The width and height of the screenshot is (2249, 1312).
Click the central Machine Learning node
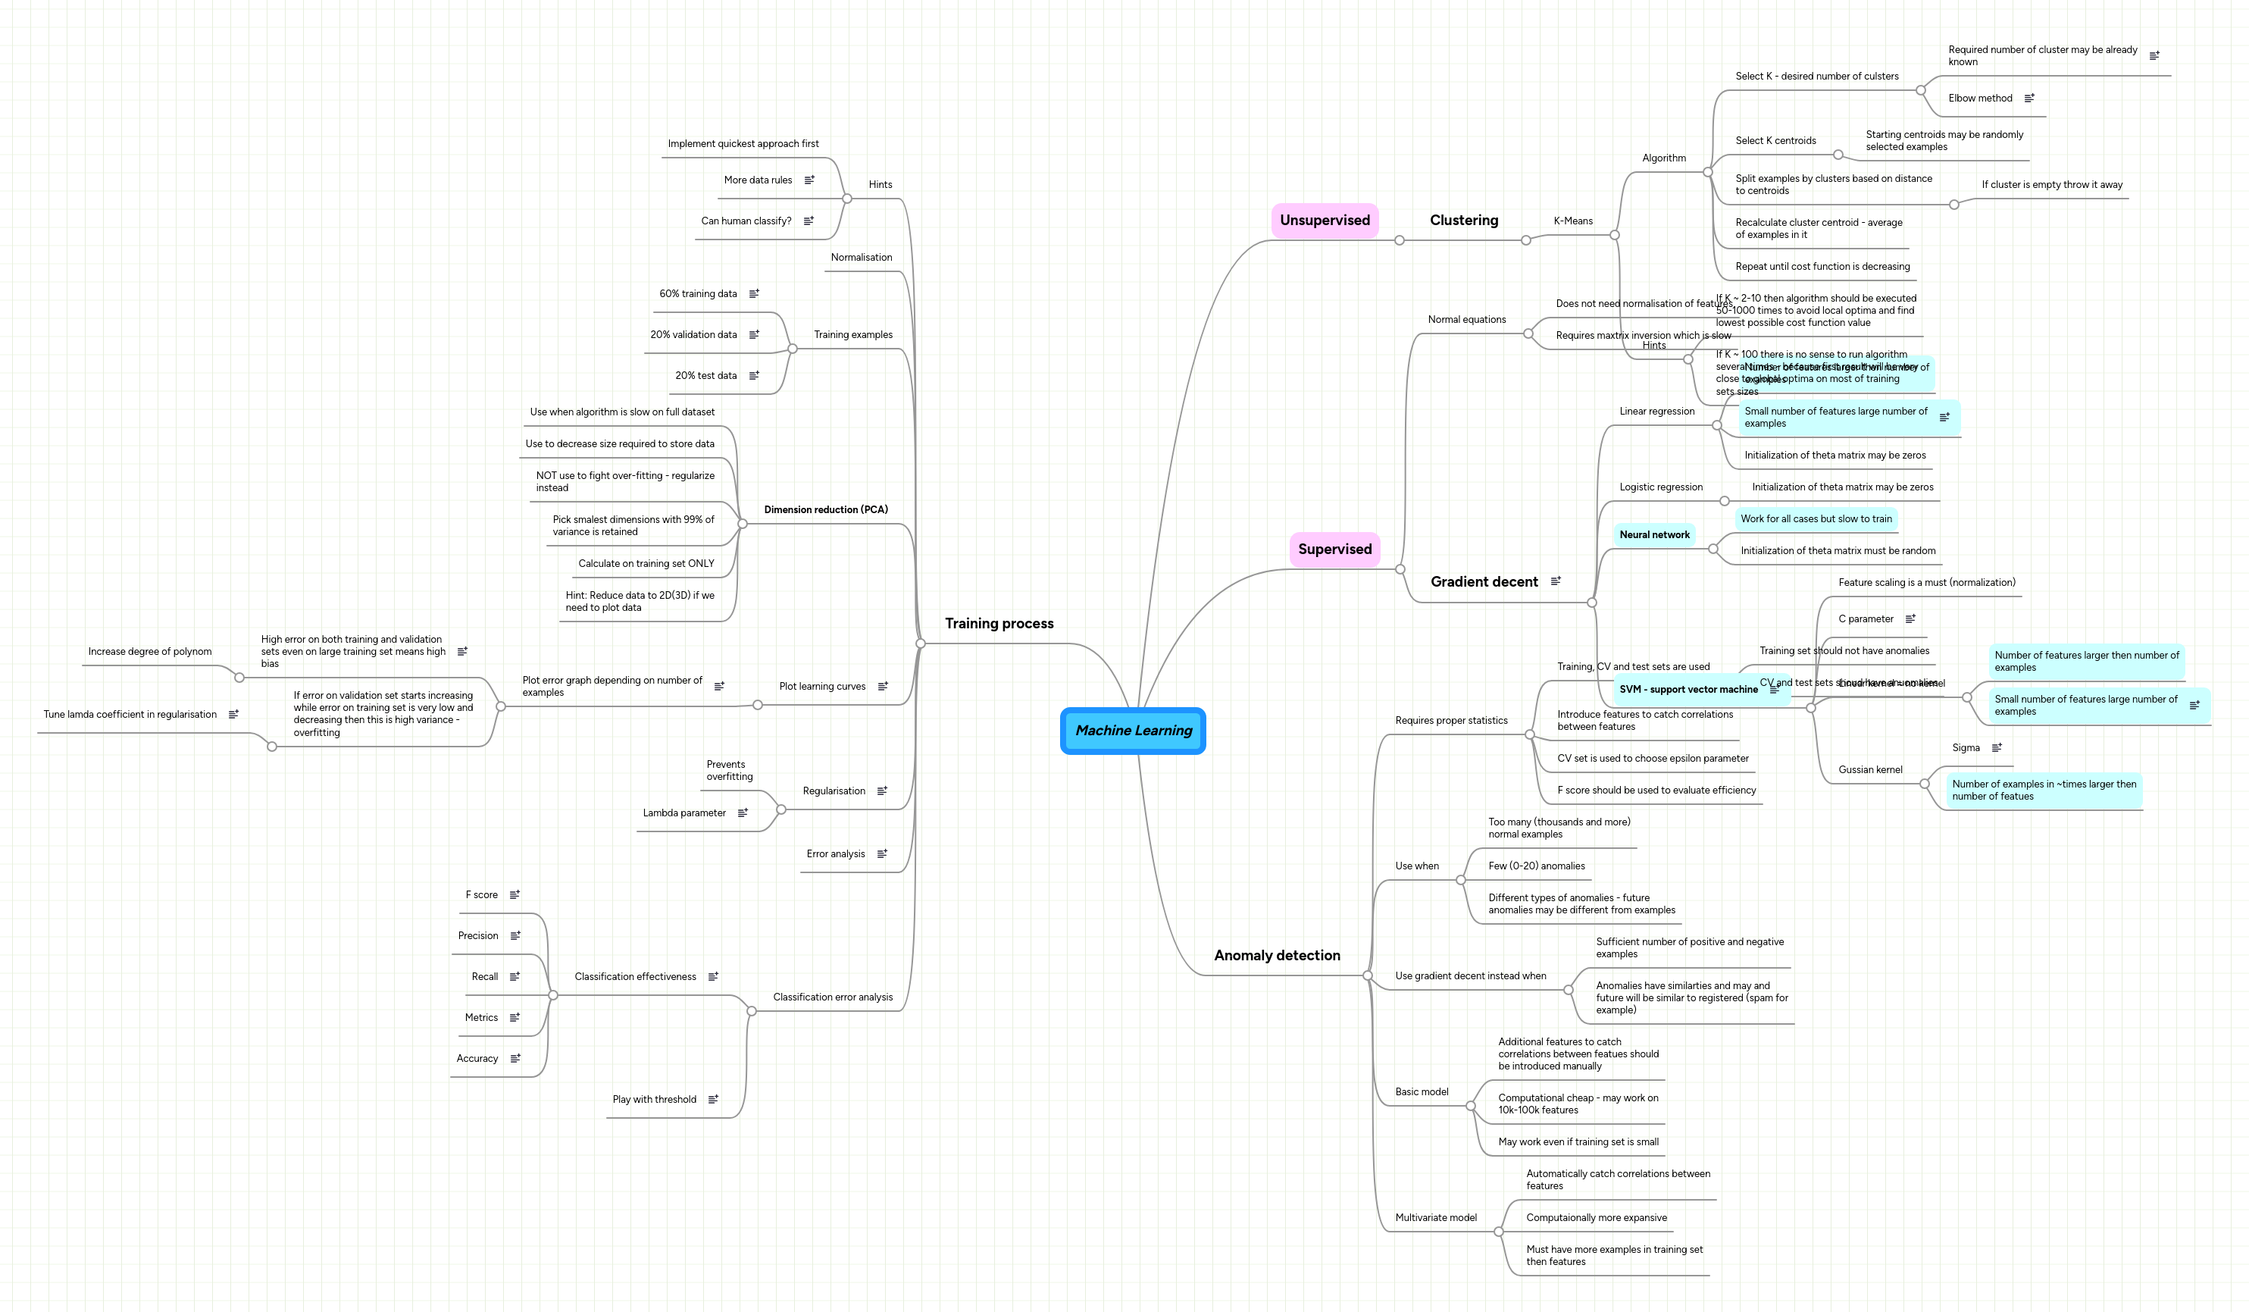click(1133, 730)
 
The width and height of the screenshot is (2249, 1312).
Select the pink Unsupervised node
click(1325, 221)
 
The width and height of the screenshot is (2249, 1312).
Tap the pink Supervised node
click(1334, 549)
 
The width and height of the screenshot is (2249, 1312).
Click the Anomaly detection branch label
click(1276, 955)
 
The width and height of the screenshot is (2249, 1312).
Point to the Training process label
click(999, 623)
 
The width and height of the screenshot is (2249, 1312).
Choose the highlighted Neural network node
click(1653, 534)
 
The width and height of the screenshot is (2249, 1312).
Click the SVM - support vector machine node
click(1688, 689)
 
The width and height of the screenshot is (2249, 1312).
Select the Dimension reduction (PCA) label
click(825, 509)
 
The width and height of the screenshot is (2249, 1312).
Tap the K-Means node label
click(1572, 221)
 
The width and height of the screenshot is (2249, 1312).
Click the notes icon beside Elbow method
click(2028, 99)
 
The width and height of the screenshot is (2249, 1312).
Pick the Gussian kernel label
click(1869, 769)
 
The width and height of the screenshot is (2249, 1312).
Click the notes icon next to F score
click(514, 894)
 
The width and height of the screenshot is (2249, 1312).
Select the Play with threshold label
click(653, 1100)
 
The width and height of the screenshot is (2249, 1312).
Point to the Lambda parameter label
click(683, 813)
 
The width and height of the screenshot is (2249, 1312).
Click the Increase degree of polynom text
click(150, 652)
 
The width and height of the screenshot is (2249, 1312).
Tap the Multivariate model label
click(1435, 1217)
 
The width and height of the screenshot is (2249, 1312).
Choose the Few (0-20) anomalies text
click(1536, 866)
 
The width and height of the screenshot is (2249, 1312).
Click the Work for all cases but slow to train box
click(1816, 518)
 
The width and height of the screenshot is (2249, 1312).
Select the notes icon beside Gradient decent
click(1556, 581)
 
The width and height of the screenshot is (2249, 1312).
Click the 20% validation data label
click(693, 335)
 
